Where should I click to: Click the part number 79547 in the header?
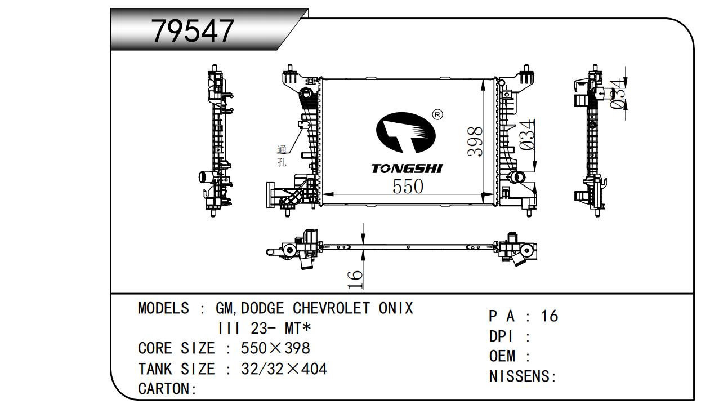193,31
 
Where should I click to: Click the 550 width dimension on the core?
408,186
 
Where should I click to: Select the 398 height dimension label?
475,141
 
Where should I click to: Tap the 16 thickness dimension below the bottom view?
355,279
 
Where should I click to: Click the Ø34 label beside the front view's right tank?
527,135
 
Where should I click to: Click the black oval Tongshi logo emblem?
406,132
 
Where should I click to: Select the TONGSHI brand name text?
407,168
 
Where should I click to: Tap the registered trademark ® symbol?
437,114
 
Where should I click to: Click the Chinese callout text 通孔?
282,156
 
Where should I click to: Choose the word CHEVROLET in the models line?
331,308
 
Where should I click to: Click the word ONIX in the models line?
396,308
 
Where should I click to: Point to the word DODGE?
262,308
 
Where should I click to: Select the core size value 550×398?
275,348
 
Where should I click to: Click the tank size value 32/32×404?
284,369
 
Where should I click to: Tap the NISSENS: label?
523,376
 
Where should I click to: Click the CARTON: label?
167,389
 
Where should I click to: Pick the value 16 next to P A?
550,316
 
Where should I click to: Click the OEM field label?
502,356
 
